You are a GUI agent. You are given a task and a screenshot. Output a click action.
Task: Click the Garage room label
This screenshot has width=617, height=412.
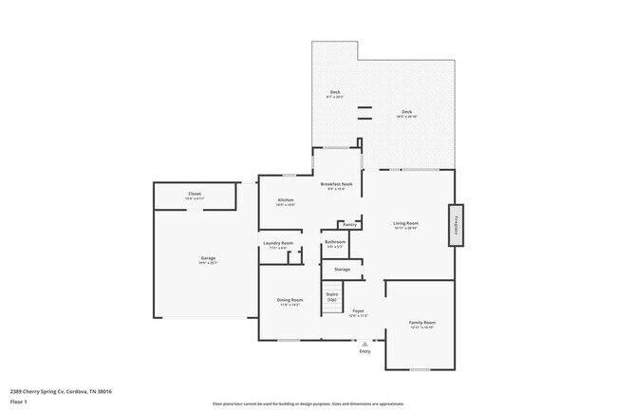click(208, 259)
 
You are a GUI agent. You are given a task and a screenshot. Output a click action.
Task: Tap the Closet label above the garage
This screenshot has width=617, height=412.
click(194, 194)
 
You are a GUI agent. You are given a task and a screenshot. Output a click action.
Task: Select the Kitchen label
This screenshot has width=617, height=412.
click(285, 200)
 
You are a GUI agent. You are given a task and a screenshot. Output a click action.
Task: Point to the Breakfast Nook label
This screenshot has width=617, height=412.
click(337, 183)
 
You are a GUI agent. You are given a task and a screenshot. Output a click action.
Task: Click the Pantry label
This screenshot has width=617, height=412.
click(350, 225)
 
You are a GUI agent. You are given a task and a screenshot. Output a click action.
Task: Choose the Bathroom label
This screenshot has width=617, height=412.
click(335, 242)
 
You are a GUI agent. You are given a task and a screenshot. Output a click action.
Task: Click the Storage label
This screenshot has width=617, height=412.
click(342, 270)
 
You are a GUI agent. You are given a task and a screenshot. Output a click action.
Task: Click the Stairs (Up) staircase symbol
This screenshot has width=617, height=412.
click(332, 295)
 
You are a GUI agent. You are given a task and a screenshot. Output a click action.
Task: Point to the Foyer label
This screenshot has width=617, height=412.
click(359, 311)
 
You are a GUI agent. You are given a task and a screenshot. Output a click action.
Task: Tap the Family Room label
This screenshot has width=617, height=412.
click(422, 323)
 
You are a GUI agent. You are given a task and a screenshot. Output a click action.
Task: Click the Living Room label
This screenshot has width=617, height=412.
click(406, 224)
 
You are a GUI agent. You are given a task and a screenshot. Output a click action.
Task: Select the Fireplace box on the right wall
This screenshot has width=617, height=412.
click(456, 225)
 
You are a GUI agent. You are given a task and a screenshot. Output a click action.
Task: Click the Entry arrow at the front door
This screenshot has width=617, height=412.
click(365, 344)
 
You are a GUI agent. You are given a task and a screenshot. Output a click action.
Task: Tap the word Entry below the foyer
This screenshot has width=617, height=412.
click(365, 352)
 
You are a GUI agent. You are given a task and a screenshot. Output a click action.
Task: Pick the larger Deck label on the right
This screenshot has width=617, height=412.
click(406, 112)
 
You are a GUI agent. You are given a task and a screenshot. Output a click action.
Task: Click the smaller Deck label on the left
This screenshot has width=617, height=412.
click(335, 92)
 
